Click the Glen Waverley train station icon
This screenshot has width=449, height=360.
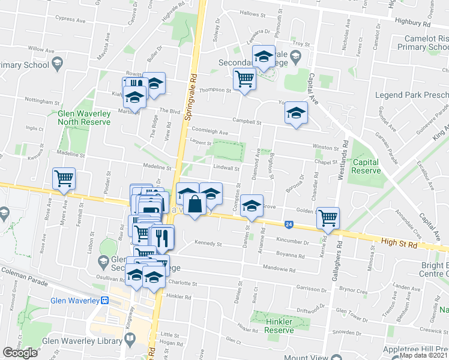(x=105, y=301)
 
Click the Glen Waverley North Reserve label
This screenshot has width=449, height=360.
(x=84, y=117)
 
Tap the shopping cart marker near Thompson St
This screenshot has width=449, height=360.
(x=244, y=78)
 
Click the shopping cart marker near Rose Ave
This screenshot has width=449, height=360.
(x=64, y=178)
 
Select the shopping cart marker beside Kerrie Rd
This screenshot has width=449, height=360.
(x=328, y=217)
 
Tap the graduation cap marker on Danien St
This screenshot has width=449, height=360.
(x=252, y=206)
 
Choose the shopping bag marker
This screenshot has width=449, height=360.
(x=195, y=204)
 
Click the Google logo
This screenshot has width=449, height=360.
(x=20, y=353)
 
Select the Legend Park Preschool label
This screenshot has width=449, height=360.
(x=411, y=95)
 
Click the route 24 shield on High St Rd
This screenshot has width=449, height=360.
(x=289, y=224)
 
